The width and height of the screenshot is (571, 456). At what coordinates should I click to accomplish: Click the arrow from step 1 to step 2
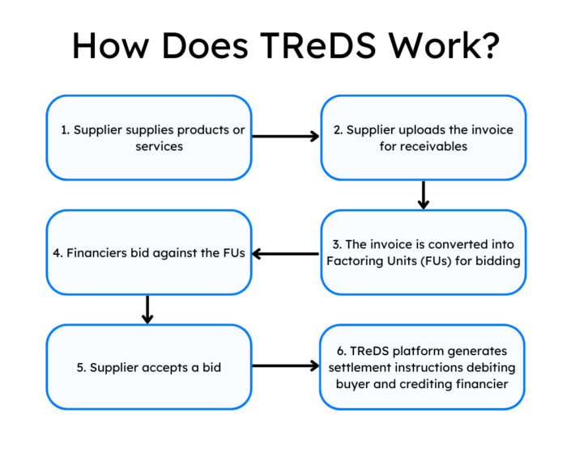coord(286,137)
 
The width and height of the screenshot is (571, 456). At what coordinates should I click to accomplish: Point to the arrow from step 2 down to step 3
coord(423,194)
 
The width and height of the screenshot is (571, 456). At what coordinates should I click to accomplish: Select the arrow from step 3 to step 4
coord(286,253)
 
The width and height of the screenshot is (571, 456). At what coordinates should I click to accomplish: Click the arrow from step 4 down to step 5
coord(147,309)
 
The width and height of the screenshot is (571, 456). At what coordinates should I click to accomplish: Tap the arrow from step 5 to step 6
coord(286,366)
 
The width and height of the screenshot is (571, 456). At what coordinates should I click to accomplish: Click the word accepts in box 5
coord(167,367)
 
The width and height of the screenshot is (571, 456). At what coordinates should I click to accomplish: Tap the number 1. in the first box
coord(66,129)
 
